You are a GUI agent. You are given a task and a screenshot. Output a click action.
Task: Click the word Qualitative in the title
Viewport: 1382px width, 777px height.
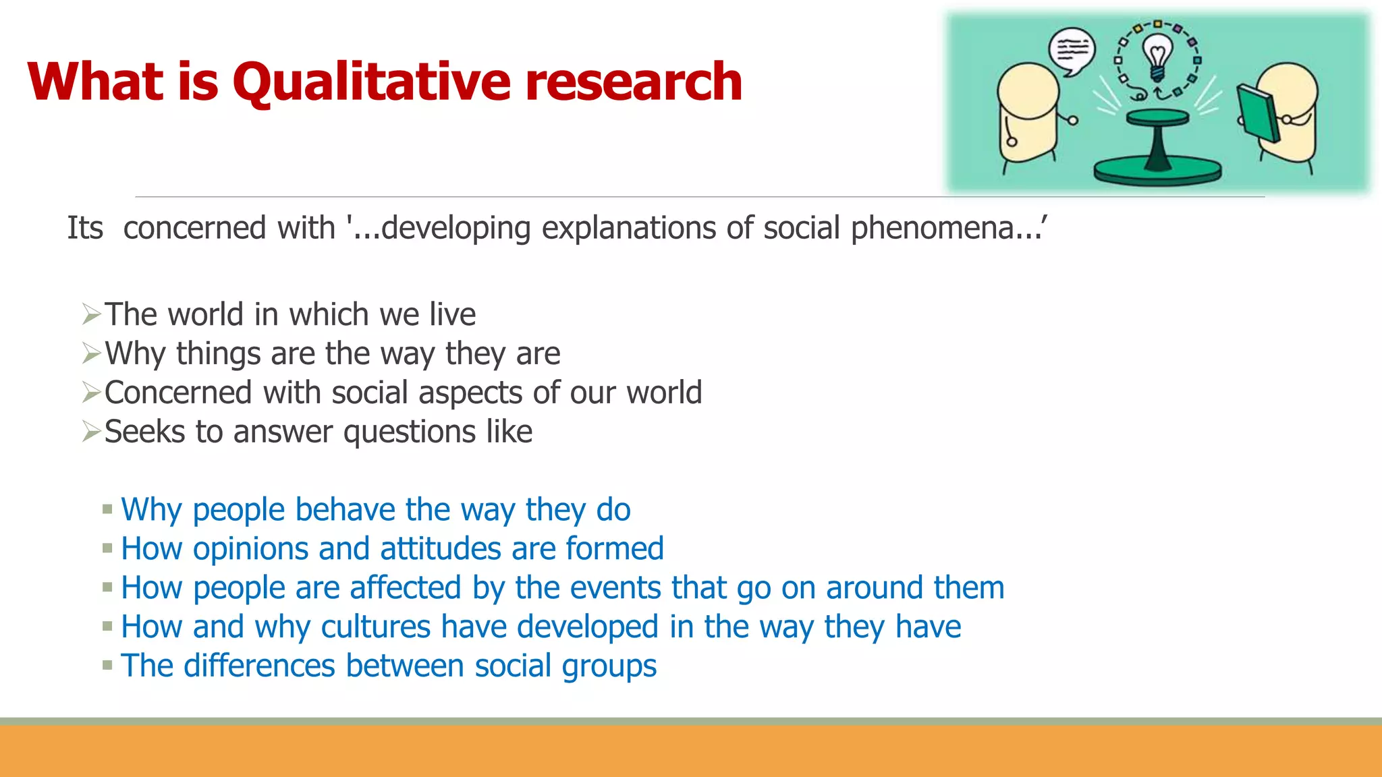point(371,82)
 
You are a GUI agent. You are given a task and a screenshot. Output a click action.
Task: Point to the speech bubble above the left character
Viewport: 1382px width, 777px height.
point(1072,51)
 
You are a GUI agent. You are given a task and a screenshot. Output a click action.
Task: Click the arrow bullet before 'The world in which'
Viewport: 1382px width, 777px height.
point(91,314)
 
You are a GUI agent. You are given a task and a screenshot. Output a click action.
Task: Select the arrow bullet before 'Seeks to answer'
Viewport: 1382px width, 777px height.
point(91,432)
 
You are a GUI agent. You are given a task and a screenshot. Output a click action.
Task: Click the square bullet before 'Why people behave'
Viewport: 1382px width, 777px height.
point(107,510)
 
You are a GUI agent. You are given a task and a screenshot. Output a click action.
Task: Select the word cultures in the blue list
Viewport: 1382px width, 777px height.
point(375,627)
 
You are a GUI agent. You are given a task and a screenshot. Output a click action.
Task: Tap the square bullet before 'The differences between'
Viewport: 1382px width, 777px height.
point(107,666)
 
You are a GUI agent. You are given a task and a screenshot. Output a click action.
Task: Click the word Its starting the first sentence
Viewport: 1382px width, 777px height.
point(85,228)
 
